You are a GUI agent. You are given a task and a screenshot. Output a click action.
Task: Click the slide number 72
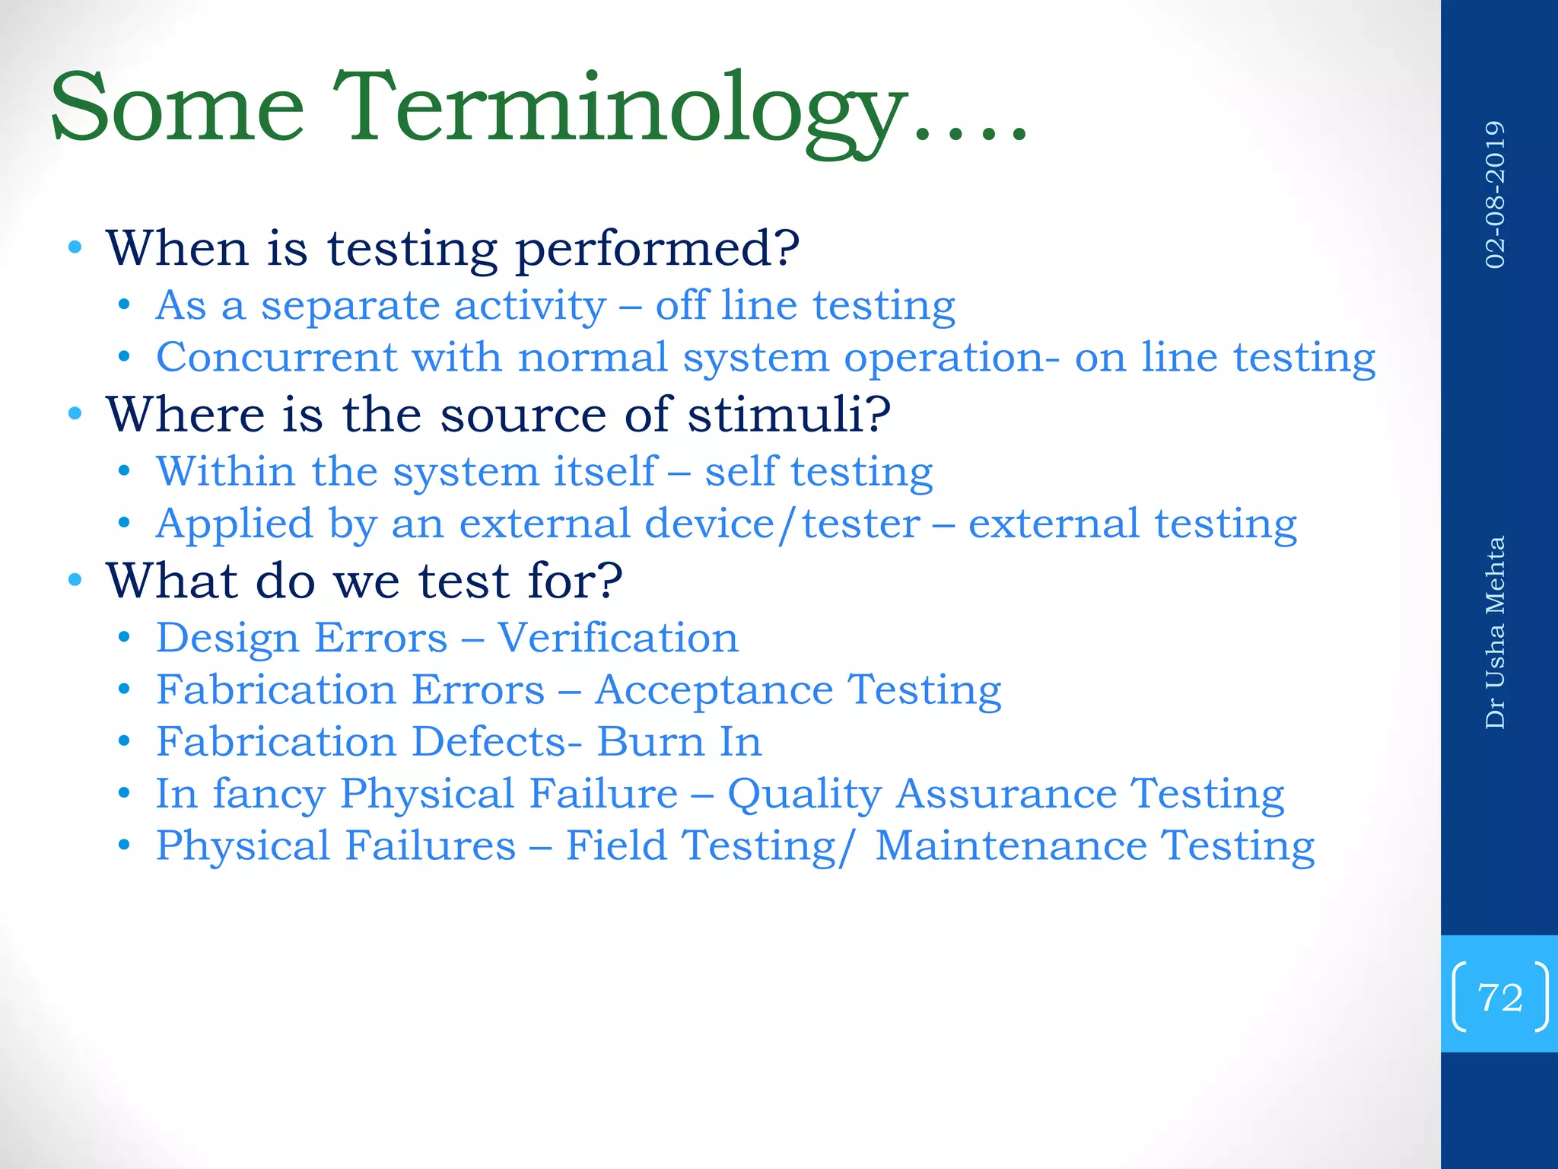[1499, 997]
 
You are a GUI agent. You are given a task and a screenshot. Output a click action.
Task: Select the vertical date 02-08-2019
[1495, 194]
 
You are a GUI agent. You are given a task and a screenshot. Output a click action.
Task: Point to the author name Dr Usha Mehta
[1495, 632]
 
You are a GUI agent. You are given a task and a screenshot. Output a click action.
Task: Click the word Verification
[618, 638]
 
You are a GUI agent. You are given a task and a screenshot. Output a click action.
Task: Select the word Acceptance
[714, 691]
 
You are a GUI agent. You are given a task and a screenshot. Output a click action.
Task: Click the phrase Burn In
[679, 742]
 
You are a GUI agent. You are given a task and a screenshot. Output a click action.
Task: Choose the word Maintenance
[1010, 846]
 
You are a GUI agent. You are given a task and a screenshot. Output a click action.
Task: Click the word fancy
[269, 795]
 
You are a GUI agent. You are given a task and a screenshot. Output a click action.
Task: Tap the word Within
[225, 471]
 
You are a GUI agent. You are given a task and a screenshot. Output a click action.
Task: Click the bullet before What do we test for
[75, 580]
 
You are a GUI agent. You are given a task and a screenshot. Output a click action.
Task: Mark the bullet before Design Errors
[124, 638]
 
